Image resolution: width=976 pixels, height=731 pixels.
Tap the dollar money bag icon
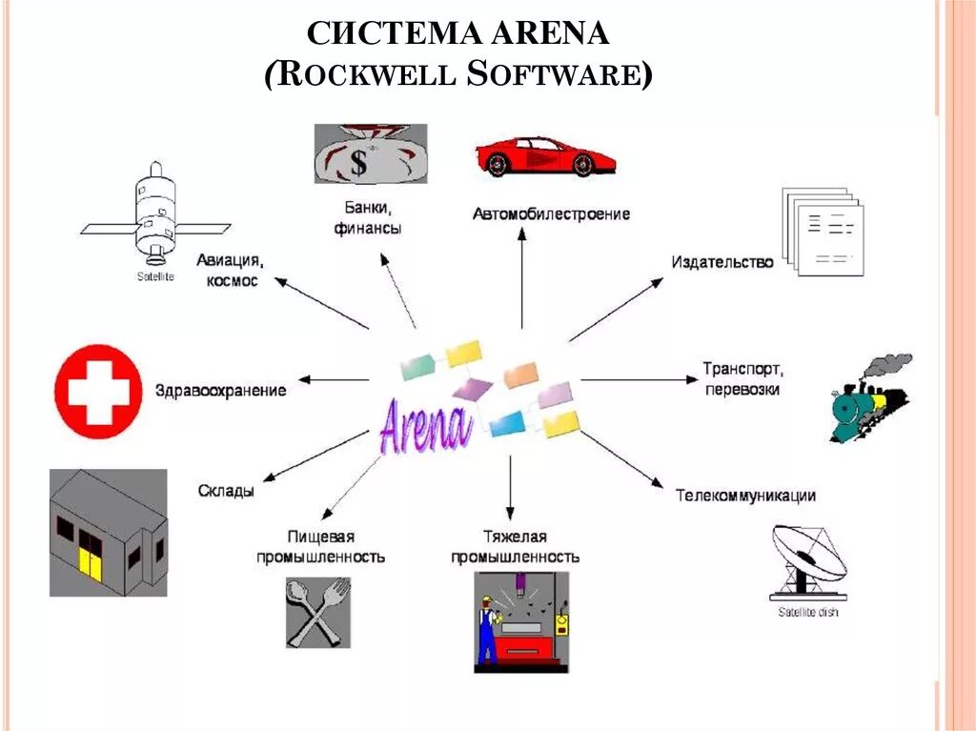coord(370,153)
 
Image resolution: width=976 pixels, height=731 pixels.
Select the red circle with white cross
coord(98,391)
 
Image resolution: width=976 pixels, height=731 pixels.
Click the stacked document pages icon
coord(822,232)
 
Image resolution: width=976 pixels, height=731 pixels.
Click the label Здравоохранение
coord(220,391)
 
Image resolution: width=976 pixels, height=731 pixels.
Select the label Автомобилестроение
coord(551,214)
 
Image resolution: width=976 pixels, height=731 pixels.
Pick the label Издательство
coord(722,262)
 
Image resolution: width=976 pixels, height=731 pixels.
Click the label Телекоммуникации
coord(745,496)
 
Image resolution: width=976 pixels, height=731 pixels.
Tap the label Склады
coord(226,491)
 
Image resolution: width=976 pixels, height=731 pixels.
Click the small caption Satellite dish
coord(807,612)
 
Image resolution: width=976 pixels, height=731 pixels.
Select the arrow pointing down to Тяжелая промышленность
coord(510,486)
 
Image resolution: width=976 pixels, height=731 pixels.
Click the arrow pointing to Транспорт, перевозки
coord(639,379)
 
